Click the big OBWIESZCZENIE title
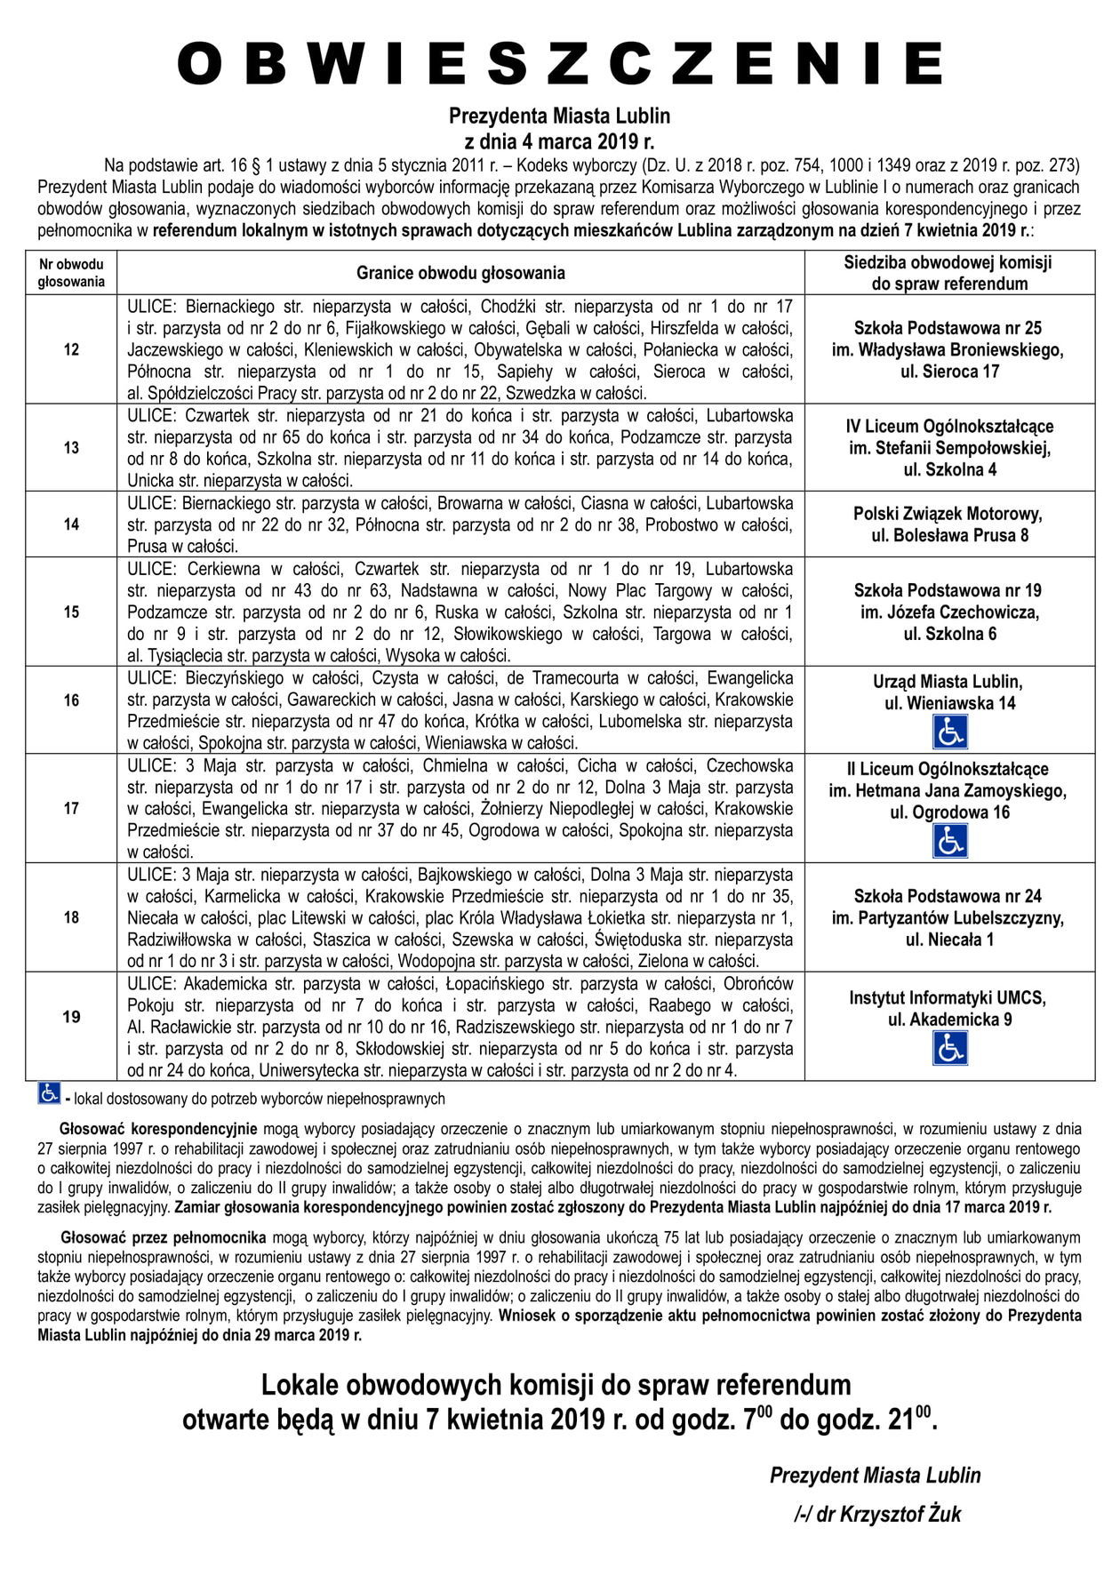pos(560,64)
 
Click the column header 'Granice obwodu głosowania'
pos(460,273)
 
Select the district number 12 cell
pos(71,349)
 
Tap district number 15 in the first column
pos(71,612)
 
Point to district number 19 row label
pos(71,1017)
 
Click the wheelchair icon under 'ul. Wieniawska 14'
pos(949,732)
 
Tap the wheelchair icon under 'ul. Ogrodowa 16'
pos(949,841)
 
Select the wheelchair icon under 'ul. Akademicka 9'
pos(949,1049)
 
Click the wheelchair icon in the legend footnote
pos(49,1093)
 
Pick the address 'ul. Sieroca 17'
pos(949,372)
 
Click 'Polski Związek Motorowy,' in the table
pos(948,514)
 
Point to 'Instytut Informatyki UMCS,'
pos(948,997)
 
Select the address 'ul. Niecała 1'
pos(949,940)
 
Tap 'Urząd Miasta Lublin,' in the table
pos(948,682)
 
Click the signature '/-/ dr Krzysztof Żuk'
pos(877,1514)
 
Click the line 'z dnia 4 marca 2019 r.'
pos(559,141)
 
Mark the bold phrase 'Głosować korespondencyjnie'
pos(158,1129)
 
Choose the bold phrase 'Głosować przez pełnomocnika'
pos(164,1236)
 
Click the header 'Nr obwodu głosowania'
pos(71,273)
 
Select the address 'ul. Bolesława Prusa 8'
pos(949,535)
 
